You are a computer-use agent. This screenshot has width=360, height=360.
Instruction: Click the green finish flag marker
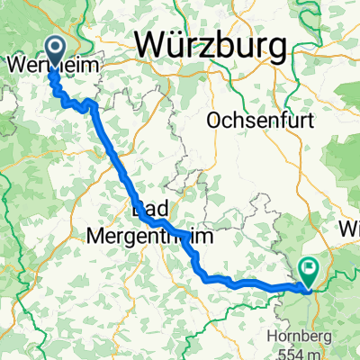point(309,266)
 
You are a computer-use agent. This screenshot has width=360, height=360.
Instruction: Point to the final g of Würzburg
point(275,46)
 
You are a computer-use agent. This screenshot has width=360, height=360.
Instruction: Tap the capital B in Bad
point(138,211)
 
